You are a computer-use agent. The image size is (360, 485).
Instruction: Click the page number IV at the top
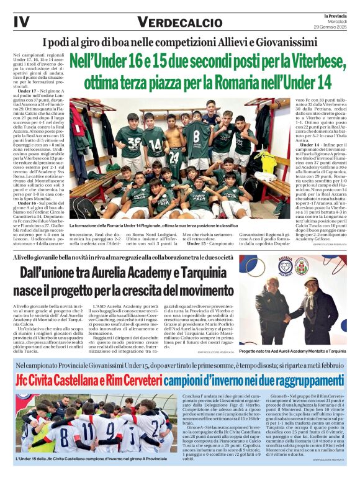click(x=20, y=22)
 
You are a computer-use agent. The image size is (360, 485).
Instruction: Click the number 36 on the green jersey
click(x=133, y=142)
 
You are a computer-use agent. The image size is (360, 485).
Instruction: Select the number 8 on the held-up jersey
click(x=196, y=136)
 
